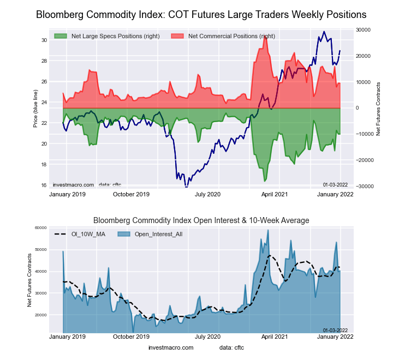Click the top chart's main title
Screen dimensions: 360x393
click(201, 14)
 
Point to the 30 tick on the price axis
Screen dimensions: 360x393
click(44, 40)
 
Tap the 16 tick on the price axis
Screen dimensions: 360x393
click(44, 185)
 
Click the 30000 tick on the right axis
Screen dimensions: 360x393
click(363, 29)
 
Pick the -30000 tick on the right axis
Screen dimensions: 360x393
click(363, 187)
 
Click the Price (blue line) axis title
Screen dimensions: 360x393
click(35, 113)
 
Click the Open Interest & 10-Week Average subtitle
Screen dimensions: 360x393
click(201, 220)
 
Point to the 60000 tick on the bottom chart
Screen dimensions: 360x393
click(41, 227)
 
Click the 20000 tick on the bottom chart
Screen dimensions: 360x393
click(41, 315)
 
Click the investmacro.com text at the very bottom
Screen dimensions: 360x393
click(171, 347)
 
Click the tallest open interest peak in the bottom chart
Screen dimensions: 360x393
click(268, 231)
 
